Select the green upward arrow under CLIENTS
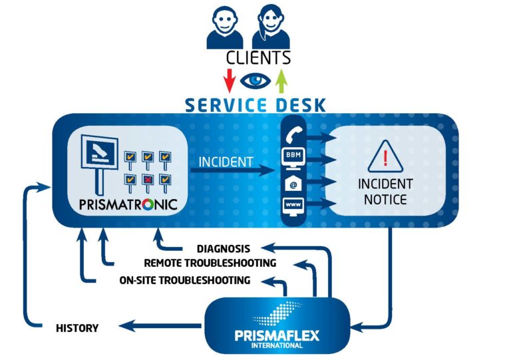281,81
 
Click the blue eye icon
255,81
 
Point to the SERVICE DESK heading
255,104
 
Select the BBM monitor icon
293,158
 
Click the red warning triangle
385,156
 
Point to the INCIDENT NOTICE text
385,191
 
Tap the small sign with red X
148,179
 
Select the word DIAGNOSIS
223,249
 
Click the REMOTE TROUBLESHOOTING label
210,264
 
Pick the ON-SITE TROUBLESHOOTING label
185,280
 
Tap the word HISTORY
77,327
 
